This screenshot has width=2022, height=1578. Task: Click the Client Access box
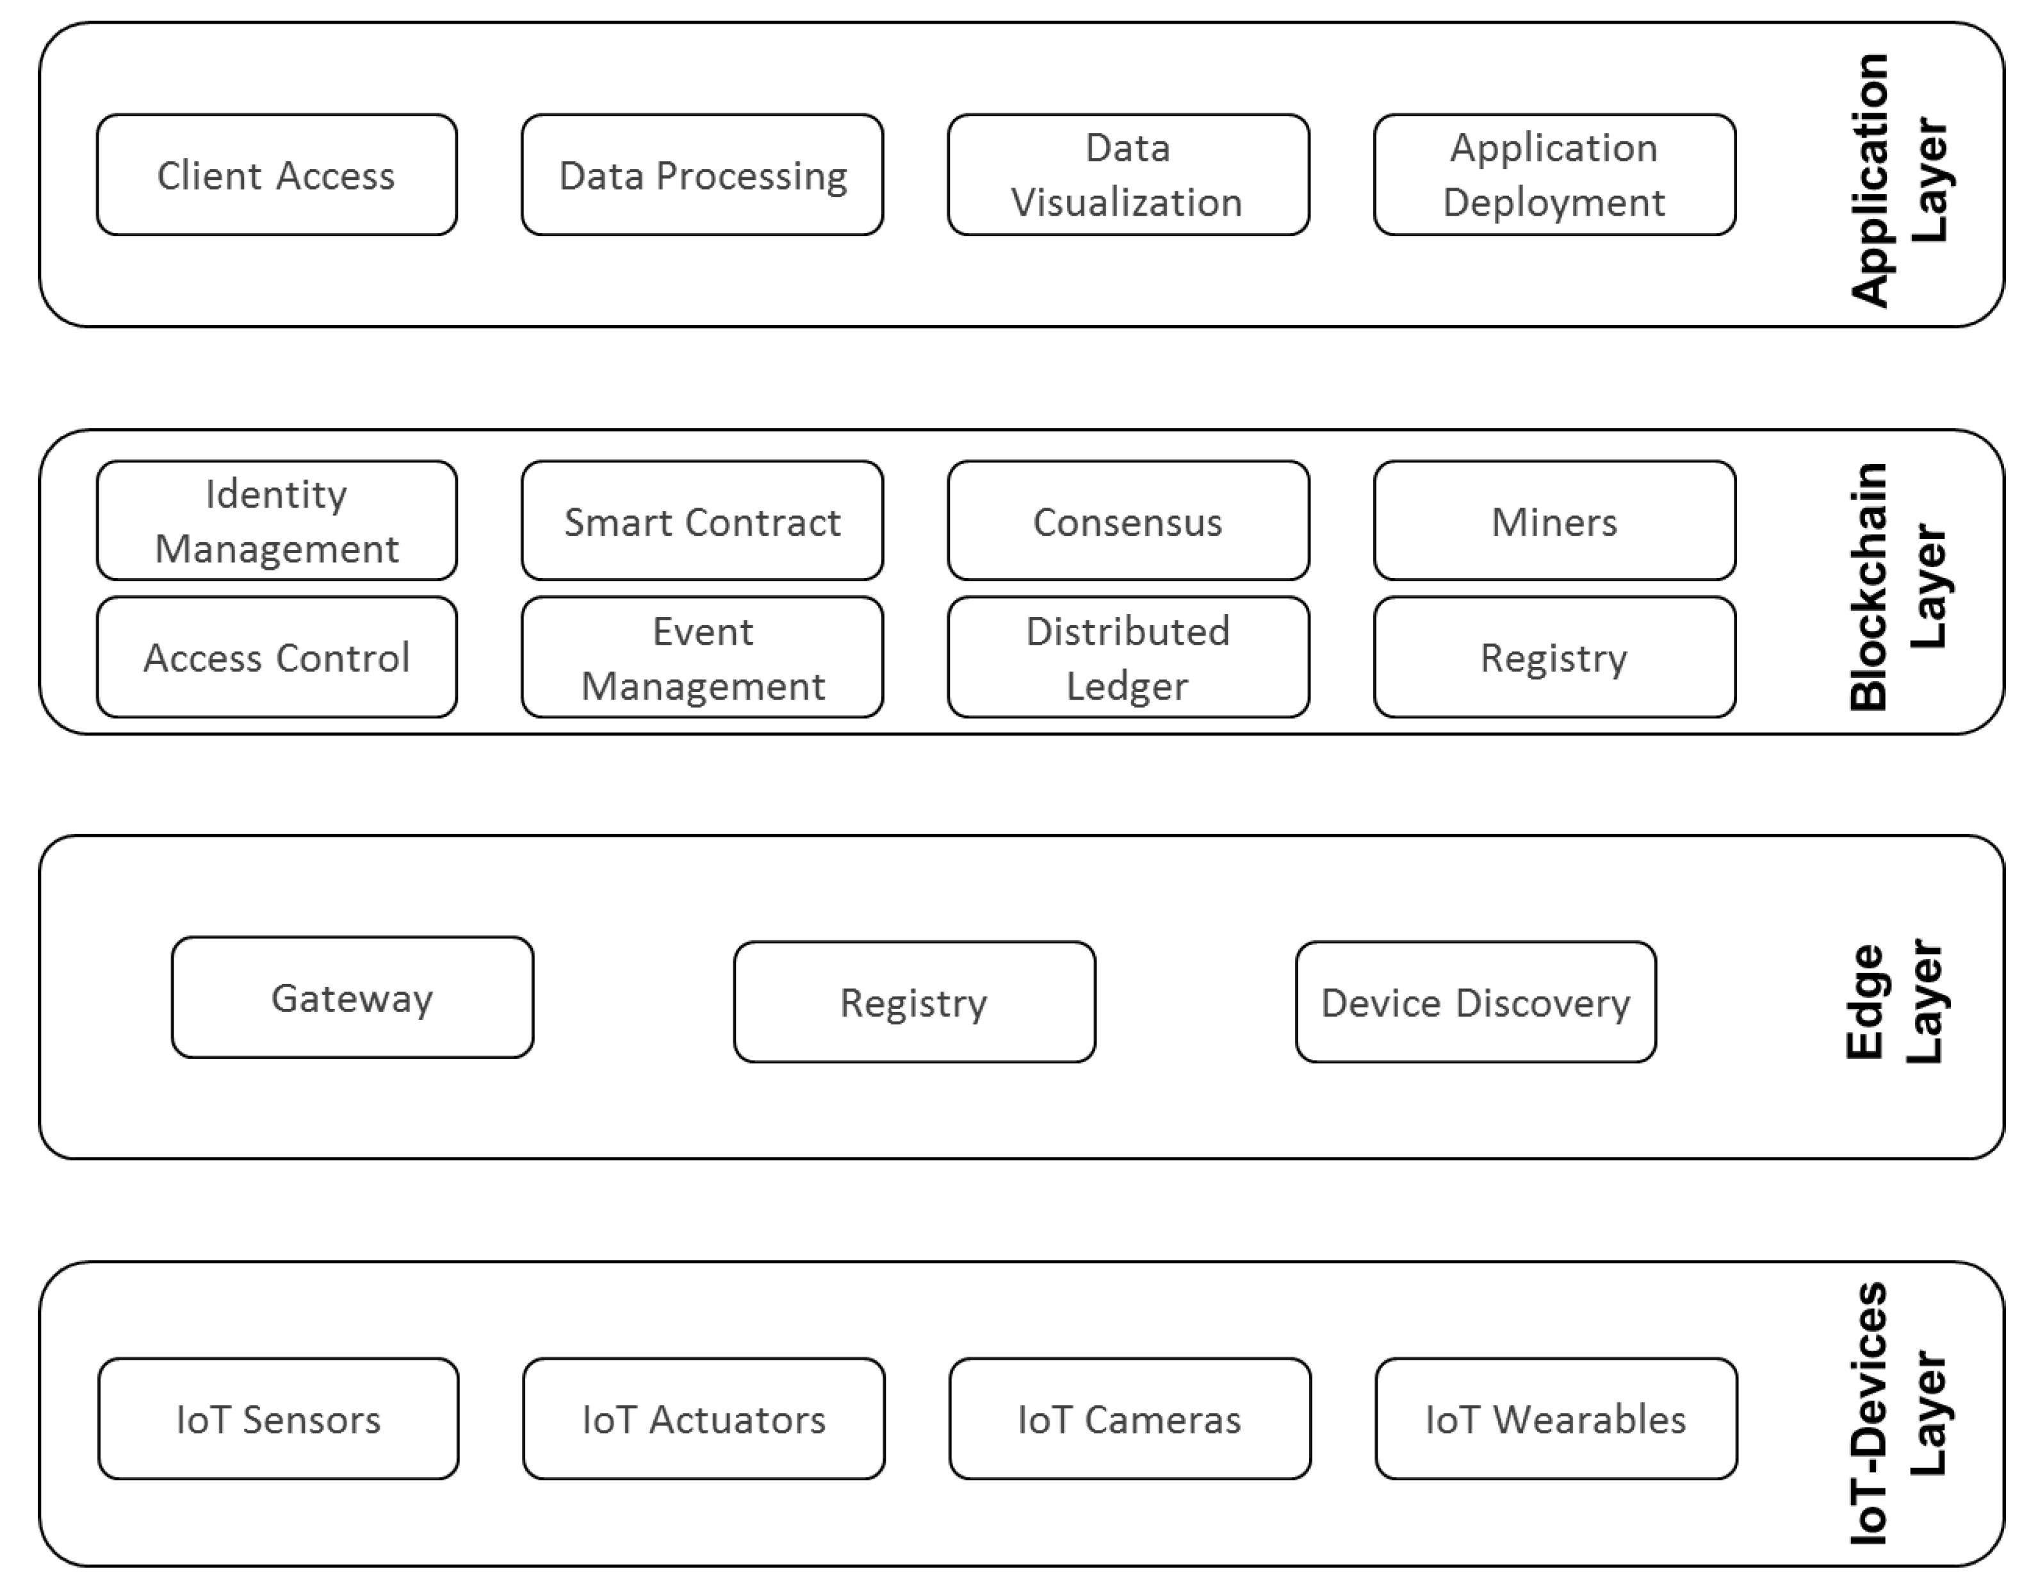[x=276, y=175]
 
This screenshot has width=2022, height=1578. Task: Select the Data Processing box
[x=702, y=175]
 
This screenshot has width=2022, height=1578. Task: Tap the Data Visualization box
[x=1128, y=175]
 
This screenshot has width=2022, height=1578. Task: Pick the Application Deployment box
[x=1554, y=175]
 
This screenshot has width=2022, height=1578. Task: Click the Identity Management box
[x=276, y=521]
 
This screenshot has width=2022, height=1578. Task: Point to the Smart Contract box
[x=702, y=521]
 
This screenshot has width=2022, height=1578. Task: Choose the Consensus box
[x=1128, y=521]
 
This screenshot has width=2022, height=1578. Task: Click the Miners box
[x=1554, y=521]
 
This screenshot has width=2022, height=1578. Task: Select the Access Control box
[x=276, y=657]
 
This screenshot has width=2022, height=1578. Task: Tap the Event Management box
[x=702, y=657]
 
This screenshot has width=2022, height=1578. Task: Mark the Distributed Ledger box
[x=1128, y=657]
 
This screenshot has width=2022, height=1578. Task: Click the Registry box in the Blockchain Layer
[x=1554, y=657]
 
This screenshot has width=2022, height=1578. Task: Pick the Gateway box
[x=352, y=998]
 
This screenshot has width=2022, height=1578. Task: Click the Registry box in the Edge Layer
[x=914, y=1002]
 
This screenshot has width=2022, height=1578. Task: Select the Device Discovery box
[x=1476, y=1002]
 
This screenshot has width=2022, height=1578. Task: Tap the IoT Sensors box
[x=278, y=1419]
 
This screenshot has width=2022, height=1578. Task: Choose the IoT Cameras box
[x=1130, y=1419]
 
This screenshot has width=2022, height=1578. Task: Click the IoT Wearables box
[x=1555, y=1419]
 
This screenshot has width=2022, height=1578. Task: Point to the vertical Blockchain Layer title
[x=1898, y=586]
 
